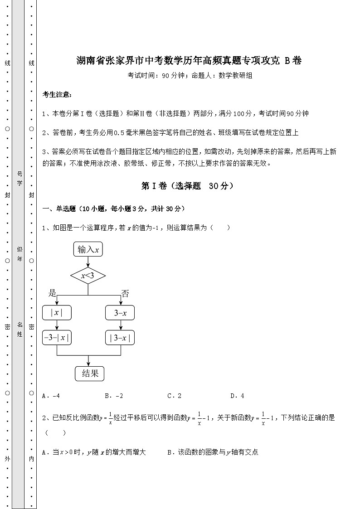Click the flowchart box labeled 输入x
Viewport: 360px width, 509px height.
click(88, 249)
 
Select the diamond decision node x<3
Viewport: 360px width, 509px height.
click(88, 276)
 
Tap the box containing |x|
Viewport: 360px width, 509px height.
click(57, 313)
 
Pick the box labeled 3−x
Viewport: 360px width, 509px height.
click(120, 313)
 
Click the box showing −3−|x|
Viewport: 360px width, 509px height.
click(57, 338)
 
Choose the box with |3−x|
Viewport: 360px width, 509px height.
click(120, 338)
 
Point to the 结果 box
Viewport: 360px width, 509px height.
click(89, 373)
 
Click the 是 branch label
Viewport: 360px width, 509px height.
click(53, 293)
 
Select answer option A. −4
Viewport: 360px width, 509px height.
click(51, 396)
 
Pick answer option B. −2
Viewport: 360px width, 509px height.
click(114, 396)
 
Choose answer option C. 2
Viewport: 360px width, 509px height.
click(175, 396)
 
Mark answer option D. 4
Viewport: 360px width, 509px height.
click(237, 396)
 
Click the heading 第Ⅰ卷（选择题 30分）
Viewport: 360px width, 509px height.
click(188, 186)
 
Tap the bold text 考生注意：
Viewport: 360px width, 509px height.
click(57, 94)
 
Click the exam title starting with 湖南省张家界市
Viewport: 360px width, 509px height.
click(189, 60)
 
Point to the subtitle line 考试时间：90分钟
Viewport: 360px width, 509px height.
click(190, 76)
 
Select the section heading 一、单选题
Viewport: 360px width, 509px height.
click(113, 208)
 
